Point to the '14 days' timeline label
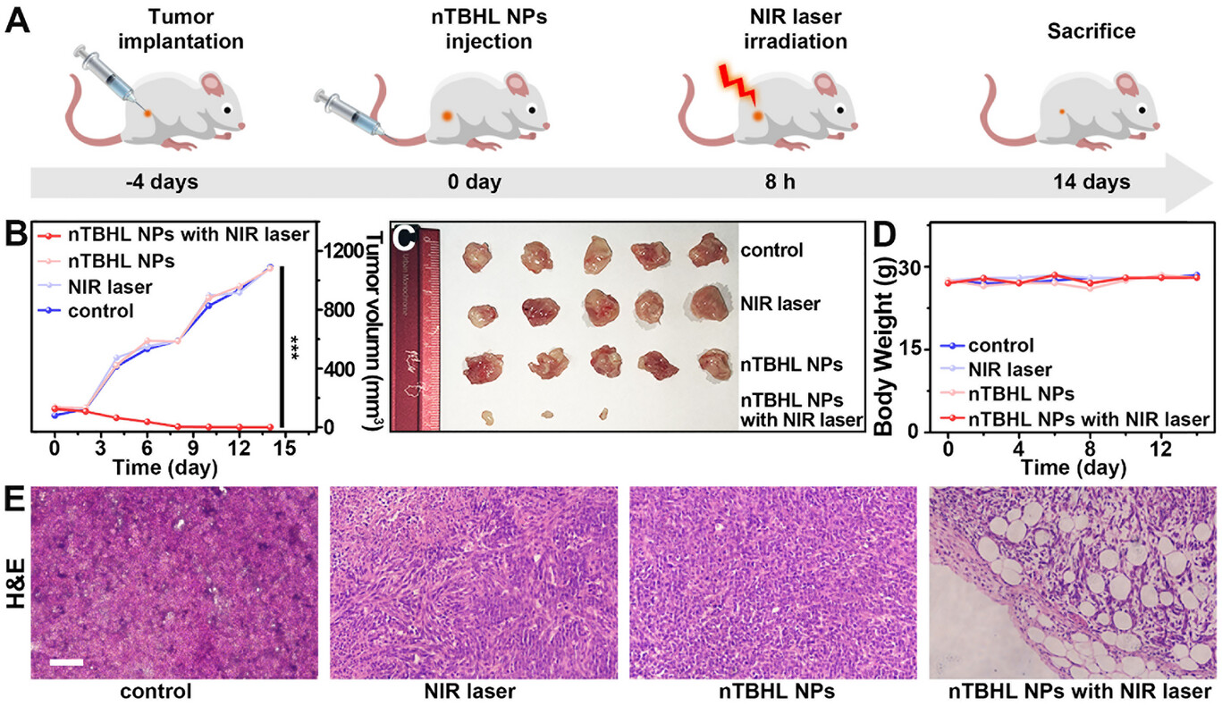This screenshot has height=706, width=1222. tap(1089, 182)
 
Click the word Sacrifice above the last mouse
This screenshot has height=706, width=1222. tap(1091, 32)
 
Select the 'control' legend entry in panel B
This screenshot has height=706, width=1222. tap(101, 312)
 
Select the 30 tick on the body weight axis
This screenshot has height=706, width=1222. tap(914, 266)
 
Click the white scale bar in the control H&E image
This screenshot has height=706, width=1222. tap(67, 662)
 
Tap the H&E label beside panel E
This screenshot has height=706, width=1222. tap(15, 588)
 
